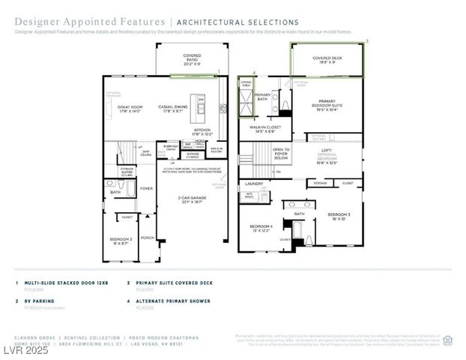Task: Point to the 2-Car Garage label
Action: click(x=192, y=199)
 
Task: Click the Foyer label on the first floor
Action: click(x=146, y=188)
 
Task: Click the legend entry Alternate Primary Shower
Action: click(x=173, y=301)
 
